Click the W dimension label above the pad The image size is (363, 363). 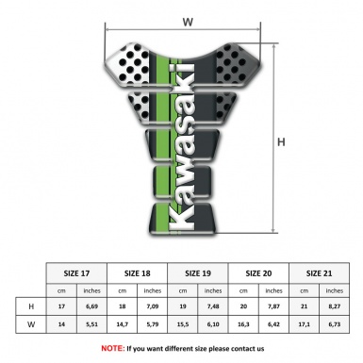pos(188,20)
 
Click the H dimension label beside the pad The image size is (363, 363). pos(280,142)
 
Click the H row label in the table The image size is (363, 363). pos(32,307)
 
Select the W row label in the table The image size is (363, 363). pos(32,325)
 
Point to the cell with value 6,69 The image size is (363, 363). pos(92,307)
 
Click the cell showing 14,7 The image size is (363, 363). pos(123,325)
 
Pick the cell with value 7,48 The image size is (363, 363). pos(213,307)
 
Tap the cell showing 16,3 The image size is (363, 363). pos(243,325)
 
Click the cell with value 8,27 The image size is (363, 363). pos(334,307)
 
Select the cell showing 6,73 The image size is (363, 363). pos(334,325)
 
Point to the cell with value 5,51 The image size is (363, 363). pos(92,325)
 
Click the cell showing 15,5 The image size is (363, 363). pos(183,325)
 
